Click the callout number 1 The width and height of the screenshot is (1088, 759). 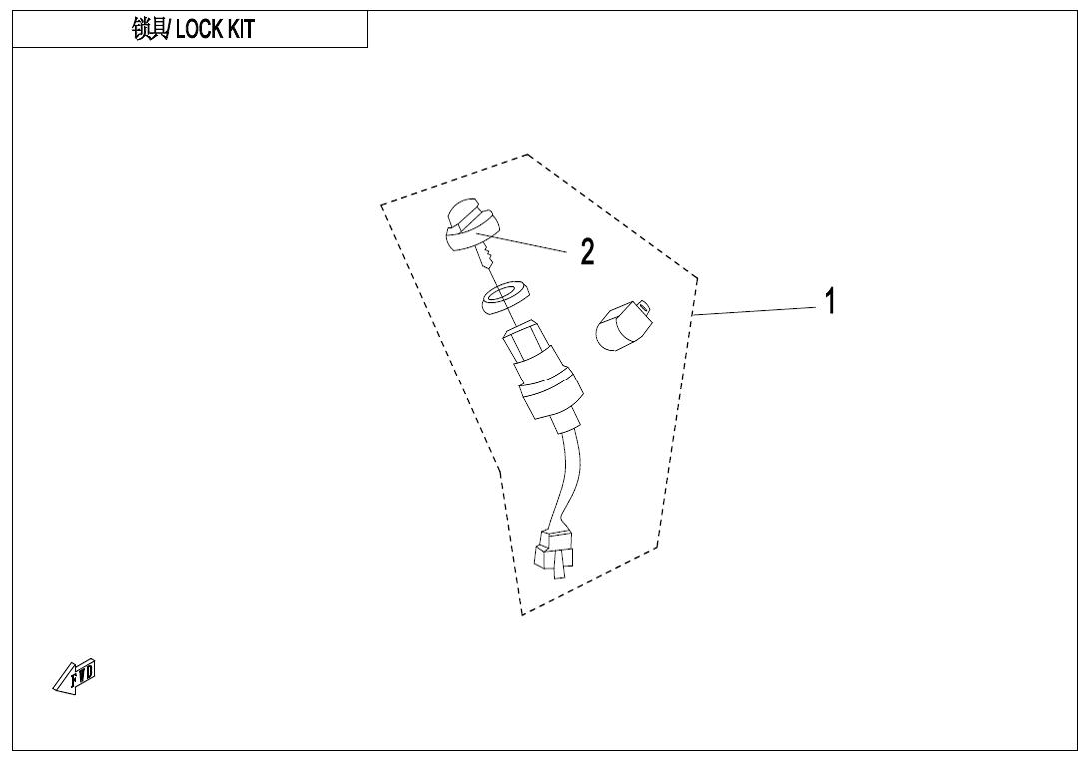point(830,302)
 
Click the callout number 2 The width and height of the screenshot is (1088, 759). point(587,252)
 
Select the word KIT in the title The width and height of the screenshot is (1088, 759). point(241,29)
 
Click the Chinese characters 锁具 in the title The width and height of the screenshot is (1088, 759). point(149,29)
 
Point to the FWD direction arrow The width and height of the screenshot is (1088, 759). point(74,677)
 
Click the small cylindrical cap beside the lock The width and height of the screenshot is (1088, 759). point(623,325)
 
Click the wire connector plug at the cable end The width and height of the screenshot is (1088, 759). point(555,552)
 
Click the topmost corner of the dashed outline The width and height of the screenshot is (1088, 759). point(527,154)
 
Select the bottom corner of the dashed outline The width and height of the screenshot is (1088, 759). point(522,614)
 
